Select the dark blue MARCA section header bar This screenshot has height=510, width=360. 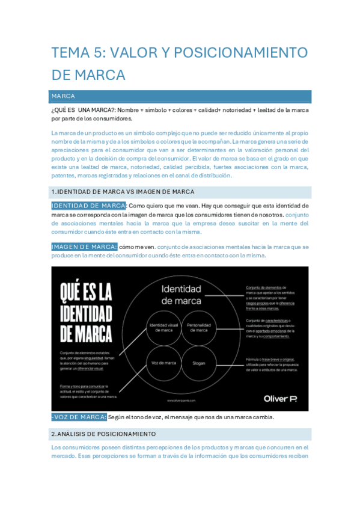coord(181,96)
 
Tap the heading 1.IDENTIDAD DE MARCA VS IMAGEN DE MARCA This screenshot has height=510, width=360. coord(123,192)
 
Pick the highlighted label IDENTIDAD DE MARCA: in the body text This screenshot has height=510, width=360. coord(88,206)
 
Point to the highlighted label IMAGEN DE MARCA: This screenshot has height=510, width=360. coord(84,247)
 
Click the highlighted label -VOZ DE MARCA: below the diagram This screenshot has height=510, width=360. coord(79,401)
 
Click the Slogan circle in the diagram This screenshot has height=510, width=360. coord(199,364)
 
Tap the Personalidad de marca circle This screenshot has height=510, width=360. coord(198,328)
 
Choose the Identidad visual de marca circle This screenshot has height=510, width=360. coord(164,328)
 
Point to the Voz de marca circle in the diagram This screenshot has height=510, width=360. coord(163,364)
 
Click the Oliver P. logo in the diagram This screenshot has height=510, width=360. coord(280,381)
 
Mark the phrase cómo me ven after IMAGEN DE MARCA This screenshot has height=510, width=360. coord(137,247)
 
